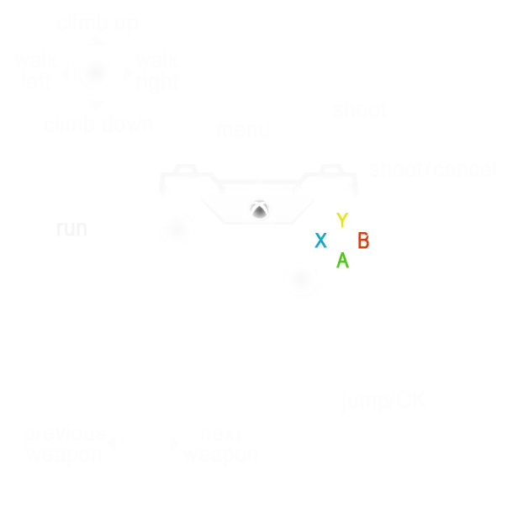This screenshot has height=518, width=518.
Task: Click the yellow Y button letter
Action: [341, 220]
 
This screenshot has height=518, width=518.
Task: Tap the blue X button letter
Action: [320, 240]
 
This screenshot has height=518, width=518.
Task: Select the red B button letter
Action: [363, 240]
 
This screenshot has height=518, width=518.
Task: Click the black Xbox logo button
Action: [260, 210]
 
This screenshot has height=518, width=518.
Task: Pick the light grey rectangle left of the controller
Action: [71, 232]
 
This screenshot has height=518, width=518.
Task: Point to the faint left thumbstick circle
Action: [177, 228]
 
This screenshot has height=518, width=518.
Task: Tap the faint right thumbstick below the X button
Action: [302, 280]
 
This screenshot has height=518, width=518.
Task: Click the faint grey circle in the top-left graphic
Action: [97, 75]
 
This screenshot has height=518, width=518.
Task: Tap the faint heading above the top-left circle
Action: [97, 24]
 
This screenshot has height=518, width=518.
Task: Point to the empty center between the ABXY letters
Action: [341, 240]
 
